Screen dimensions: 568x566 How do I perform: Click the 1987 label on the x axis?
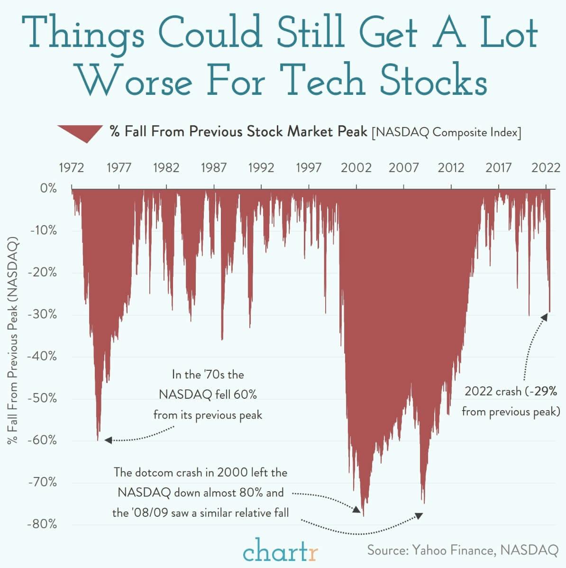(213, 167)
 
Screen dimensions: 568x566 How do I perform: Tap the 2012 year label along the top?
(451, 167)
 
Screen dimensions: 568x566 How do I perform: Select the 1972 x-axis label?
(71, 167)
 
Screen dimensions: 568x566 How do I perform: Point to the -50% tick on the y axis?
(42, 398)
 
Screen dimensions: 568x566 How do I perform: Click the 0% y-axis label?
(48, 188)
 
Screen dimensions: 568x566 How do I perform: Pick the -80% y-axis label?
(42, 524)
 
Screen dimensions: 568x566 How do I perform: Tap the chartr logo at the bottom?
(281, 550)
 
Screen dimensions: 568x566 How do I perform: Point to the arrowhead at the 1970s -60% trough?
(108, 440)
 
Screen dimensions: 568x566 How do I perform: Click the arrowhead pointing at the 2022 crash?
(544, 317)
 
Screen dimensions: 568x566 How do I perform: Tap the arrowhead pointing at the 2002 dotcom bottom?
(356, 510)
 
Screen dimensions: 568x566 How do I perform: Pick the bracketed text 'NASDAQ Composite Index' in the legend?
(446, 132)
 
